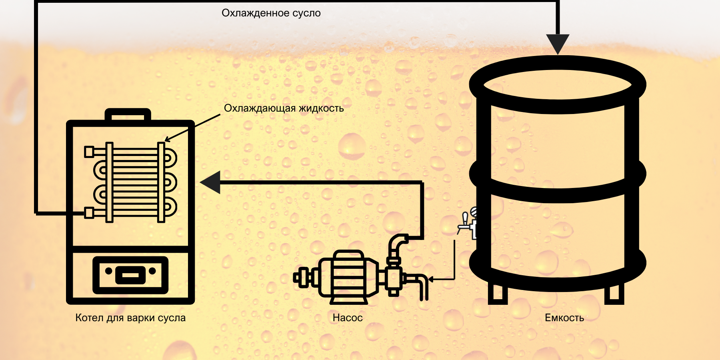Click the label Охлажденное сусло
point(271,13)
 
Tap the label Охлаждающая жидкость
point(284,108)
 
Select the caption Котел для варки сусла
point(130,318)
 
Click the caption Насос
point(348,318)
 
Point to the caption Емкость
point(564,318)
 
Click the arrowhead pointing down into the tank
point(558,43)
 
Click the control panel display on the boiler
point(130,275)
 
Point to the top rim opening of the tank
point(557,85)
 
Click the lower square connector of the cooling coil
point(89,213)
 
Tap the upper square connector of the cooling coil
point(89,152)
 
